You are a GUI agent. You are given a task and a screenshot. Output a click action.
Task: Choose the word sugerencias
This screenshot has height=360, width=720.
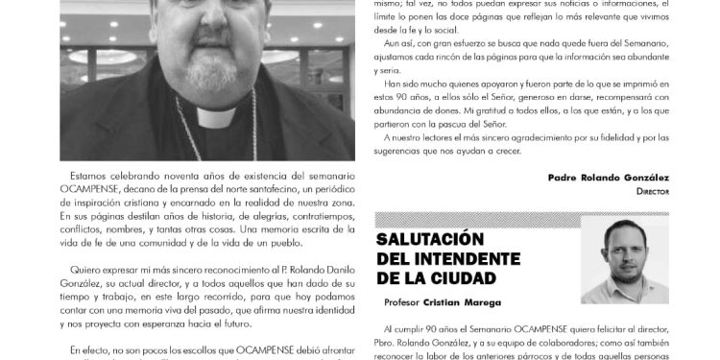point(402,154)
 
